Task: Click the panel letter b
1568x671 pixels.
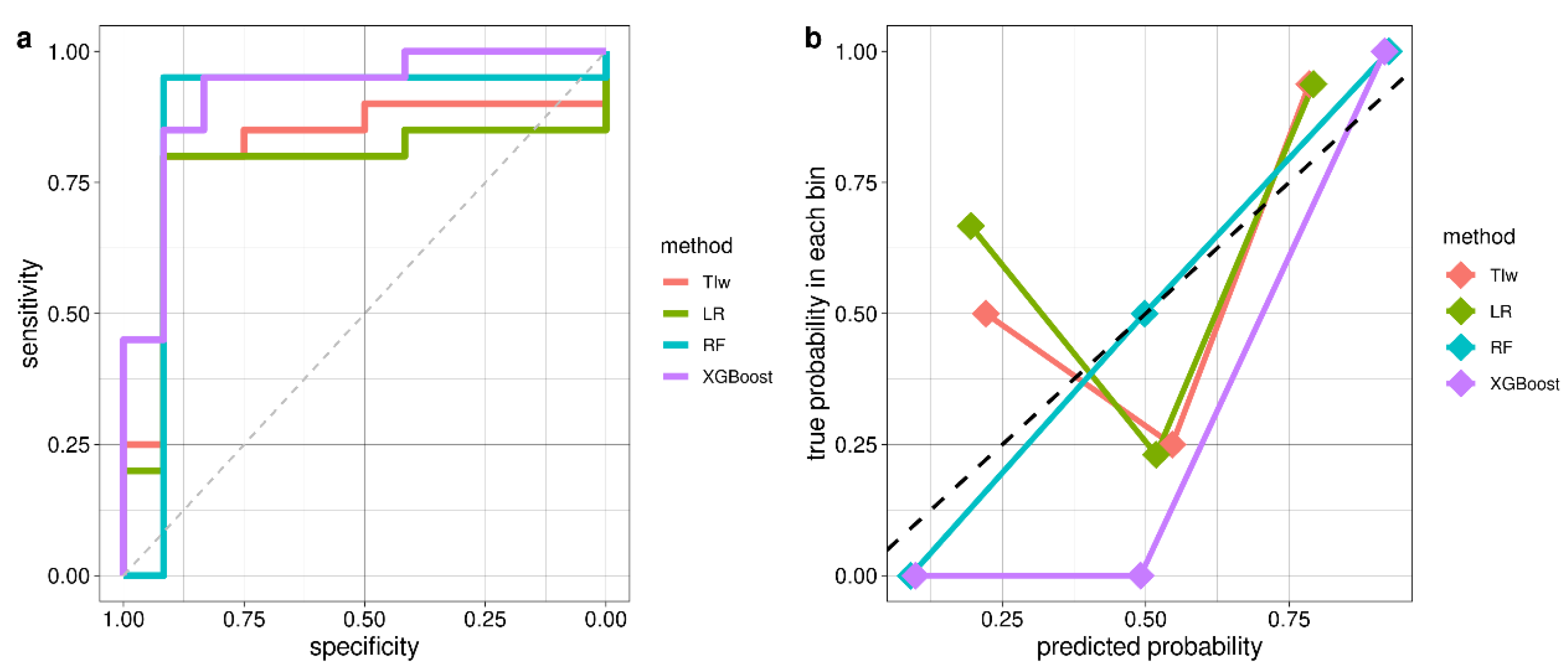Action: [x=812, y=38]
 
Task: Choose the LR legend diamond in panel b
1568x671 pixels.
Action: [x=1460, y=311]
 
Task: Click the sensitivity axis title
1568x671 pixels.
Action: [x=29, y=313]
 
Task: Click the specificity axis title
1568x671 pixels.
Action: [x=364, y=646]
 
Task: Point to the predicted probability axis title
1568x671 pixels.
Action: [x=1149, y=646]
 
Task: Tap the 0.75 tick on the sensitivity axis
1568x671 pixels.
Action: [x=68, y=182]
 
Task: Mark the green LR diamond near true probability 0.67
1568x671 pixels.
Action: [x=970, y=226]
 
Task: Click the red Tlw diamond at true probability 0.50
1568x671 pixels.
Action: [x=985, y=314]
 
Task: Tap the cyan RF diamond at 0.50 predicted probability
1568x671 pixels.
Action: [x=1144, y=314]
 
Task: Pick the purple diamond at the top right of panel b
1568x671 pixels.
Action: [x=1384, y=51]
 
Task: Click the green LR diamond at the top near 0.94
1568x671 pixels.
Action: [x=1312, y=84]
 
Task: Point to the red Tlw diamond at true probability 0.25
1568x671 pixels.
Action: [x=1172, y=445]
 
